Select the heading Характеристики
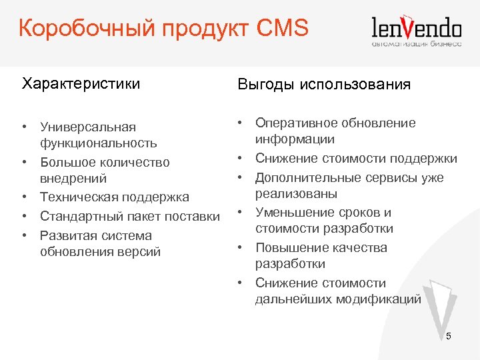(x=81, y=84)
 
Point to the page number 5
(x=449, y=336)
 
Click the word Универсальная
(x=88, y=127)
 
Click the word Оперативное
(x=295, y=123)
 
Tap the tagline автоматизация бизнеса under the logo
(x=416, y=44)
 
